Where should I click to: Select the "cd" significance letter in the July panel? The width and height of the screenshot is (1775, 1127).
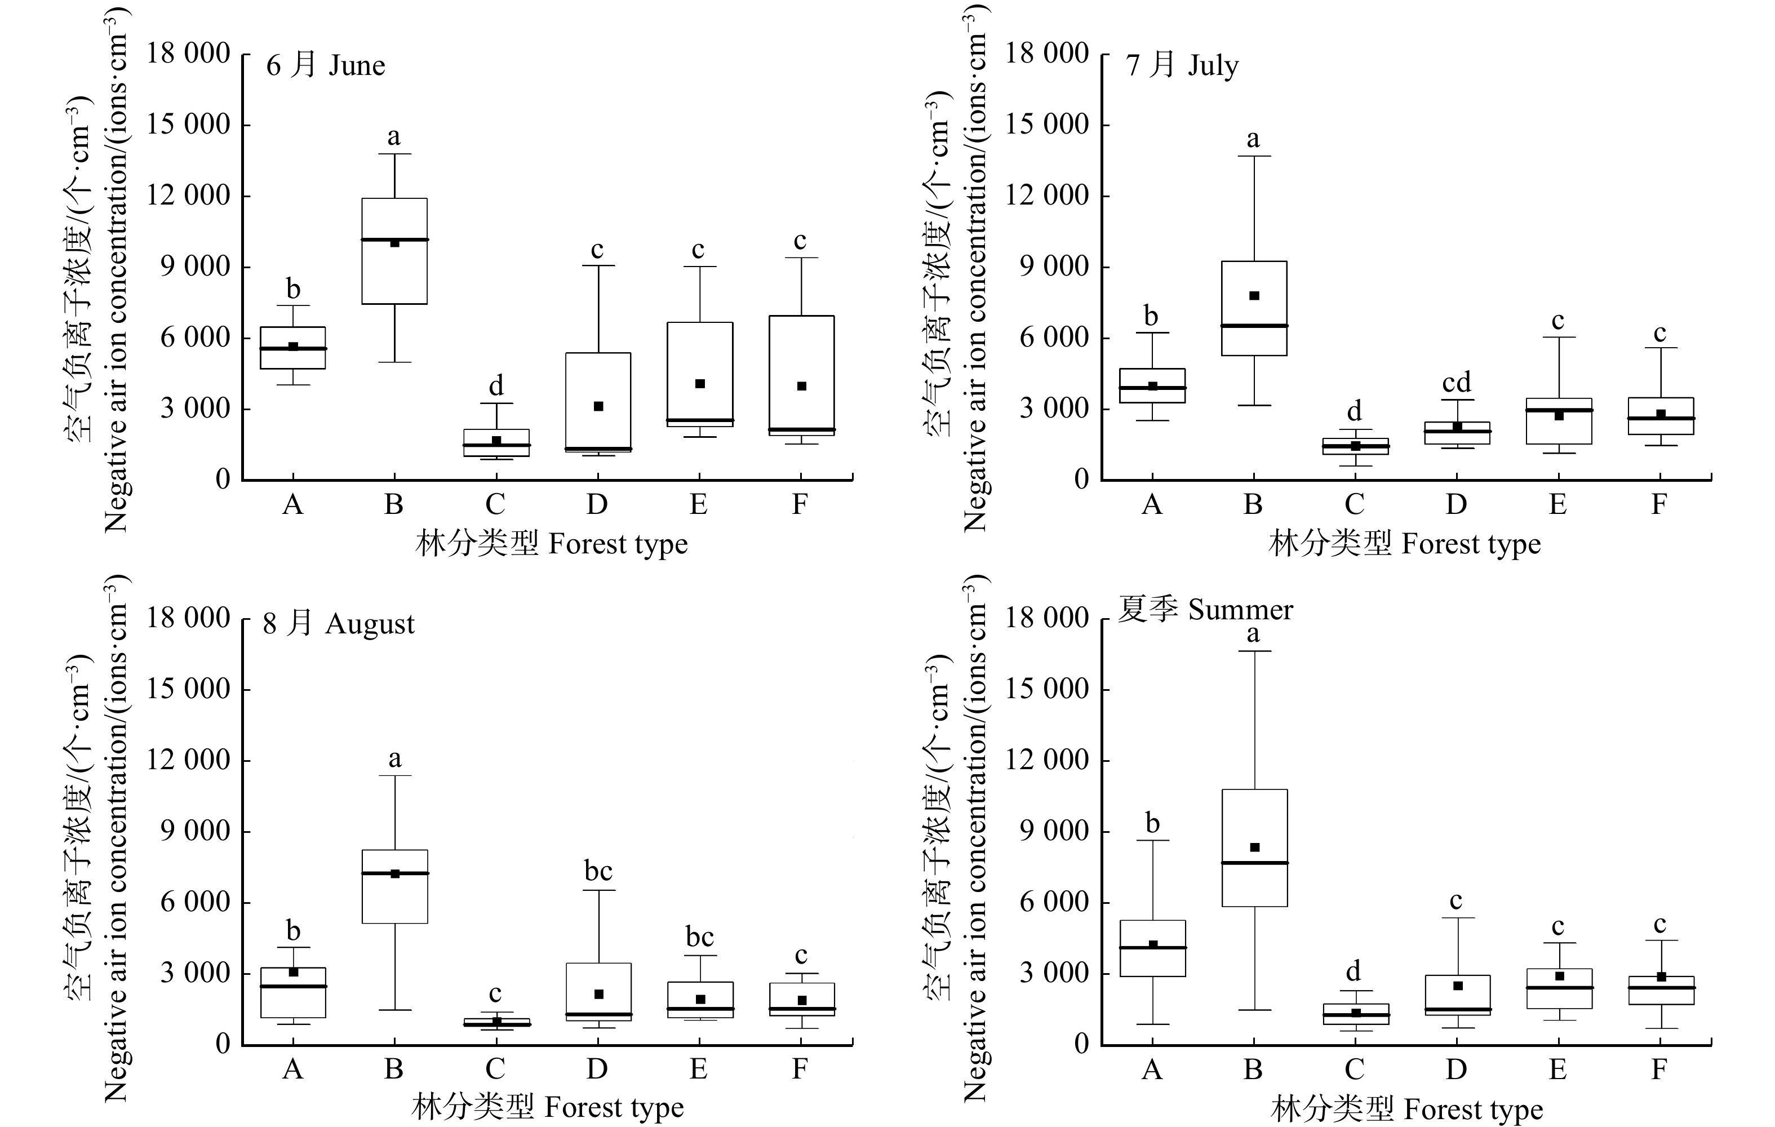click(1457, 383)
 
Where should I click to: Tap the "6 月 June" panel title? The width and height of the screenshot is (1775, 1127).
click(325, 65)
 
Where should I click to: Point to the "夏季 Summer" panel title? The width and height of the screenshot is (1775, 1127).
click(1205, 610)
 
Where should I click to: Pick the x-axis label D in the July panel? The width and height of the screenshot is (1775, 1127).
click(1456, 505)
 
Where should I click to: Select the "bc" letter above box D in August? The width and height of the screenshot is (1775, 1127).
click(598, 871)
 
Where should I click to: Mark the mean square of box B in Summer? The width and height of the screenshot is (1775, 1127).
click(1254, 848)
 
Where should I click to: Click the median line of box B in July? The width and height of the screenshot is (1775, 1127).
click(1254, 325)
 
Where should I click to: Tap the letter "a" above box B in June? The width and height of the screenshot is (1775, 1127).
click(394, 136)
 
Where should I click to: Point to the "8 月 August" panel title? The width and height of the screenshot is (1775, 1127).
click(338, 624)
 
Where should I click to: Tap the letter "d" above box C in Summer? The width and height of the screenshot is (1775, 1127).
click(1354, 971)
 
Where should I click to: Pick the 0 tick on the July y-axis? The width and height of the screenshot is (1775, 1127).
click(1081, 480)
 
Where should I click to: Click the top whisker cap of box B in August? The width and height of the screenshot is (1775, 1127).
click(395, 775)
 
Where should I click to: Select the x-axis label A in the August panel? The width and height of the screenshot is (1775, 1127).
click(292, 1069)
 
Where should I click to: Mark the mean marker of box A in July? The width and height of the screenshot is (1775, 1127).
click(1153, 386)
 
